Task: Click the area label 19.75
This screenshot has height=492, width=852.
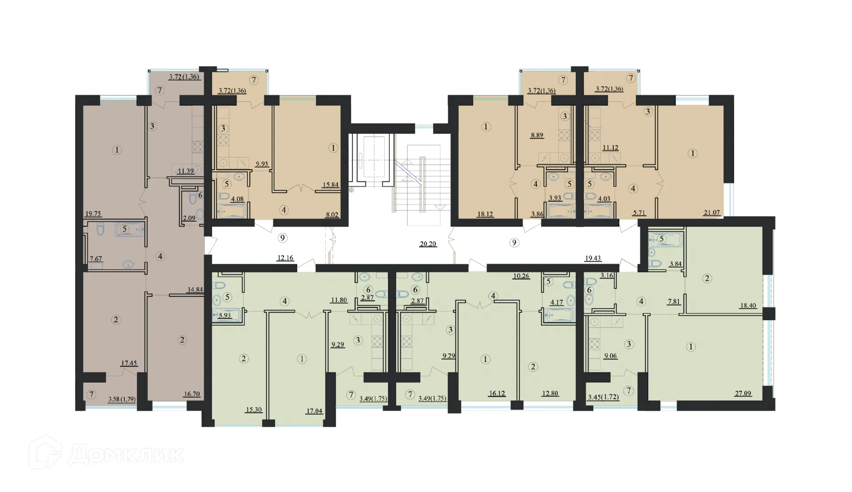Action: click(93, 214)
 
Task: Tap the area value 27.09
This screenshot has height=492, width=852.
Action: click(743, 393)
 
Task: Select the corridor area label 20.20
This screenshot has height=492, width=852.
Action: click(428, 244)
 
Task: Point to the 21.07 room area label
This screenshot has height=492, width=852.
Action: click(712, 213)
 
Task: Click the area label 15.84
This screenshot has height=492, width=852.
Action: click(331, 185)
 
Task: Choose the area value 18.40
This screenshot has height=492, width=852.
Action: click(748, 306)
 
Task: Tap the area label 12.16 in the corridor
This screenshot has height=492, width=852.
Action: click(285, 258)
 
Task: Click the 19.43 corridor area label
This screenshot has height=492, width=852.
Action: click(593, 258)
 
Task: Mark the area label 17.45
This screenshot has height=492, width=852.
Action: click(129, 363)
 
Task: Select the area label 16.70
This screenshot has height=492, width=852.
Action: click(192, 394)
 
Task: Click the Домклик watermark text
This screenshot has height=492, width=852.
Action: click(126, 454)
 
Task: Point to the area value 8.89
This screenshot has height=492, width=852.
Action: click(537, 135)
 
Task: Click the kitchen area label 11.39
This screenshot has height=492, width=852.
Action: click(185, 171)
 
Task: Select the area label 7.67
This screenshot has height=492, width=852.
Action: click(96, 259)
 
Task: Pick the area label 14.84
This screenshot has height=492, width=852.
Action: click(195, 290)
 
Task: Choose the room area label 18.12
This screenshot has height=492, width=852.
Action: click(485, 214)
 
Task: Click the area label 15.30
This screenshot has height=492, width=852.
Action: click(254, 409)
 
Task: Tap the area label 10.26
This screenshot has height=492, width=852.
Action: click(521, 276)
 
